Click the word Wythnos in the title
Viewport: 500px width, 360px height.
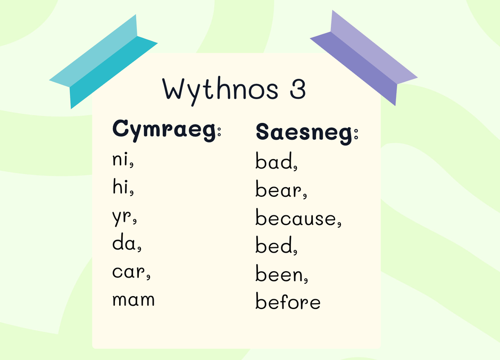(x=220, y=91)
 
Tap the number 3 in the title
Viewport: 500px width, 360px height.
(x=298, y=89)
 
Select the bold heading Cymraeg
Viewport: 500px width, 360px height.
(x=164, y=130)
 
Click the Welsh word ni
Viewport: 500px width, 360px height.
(x=121, y=159)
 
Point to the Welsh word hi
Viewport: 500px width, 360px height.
(x=121, y=187)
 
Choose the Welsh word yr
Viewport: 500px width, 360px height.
(x=122, y=216)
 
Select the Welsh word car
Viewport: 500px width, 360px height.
(x=129, y=272)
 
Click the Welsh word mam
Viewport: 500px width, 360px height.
(x=134, y=300)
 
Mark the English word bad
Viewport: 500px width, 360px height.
(x=274, y=161)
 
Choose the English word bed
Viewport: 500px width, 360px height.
(x=274, y=245)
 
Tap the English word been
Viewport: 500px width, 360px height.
(x=279, y=273)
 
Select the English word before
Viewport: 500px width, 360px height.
(x=288, y=301)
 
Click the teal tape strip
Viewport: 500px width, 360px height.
(x=104, y=62)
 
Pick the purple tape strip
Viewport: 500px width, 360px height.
(x=364, y=57)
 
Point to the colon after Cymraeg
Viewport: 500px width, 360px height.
(x=219, y=131)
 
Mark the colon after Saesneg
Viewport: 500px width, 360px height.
(x=356, y=133)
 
